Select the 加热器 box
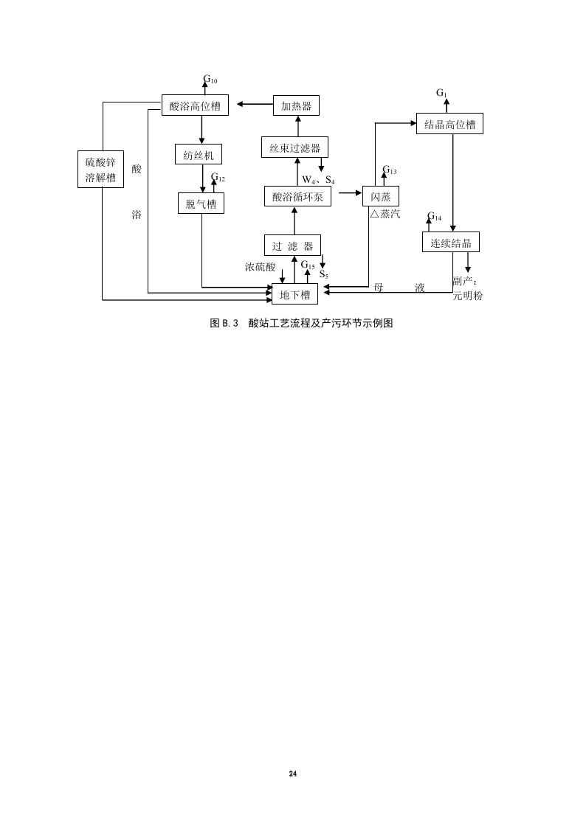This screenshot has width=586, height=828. tap(296, 105)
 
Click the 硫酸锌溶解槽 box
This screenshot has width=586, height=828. tap(101, 169)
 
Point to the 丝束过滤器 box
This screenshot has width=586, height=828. tap(294, 147)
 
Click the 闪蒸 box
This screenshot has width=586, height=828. tap(380, 196)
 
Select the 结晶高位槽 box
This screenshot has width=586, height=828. tap(449, 124)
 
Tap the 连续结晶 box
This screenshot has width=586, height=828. tap(451, 241)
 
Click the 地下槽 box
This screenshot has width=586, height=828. tap(295, 293)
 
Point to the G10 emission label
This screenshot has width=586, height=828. tap(210, 79)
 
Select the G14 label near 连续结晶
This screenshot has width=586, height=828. tap(435, 218)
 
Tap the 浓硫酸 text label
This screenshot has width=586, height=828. tap(260, 267)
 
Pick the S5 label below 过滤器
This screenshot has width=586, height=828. tap(324, 274)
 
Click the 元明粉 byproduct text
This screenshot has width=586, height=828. tap(467, 295)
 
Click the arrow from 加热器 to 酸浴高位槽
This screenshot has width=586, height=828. tap(250, 105)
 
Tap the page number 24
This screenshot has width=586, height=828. tap(293, 773)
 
